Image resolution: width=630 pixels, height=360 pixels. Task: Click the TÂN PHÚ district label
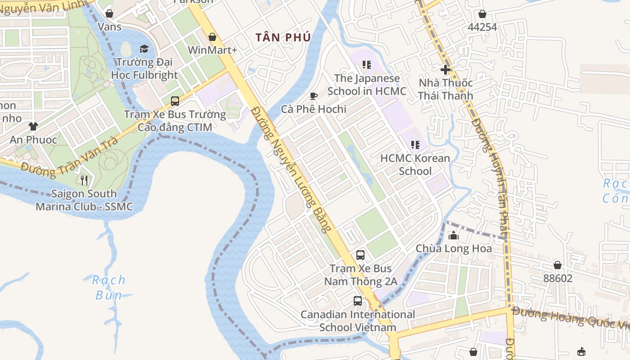[x=283, y=37]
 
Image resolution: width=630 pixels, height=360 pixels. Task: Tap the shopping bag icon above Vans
[x=109, y=14]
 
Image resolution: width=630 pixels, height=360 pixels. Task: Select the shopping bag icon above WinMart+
[x=212, y=37]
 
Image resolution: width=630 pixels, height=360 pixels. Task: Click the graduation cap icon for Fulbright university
[x=144, y=49]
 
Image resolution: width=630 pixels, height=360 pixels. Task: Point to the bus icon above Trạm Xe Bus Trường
[x=175, y=101]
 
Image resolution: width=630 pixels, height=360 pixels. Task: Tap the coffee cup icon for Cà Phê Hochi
[x=314, y=96]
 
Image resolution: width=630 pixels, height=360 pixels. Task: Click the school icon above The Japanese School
[x=367, y=65]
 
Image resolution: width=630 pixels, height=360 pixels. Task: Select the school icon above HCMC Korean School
[x=415, y=145]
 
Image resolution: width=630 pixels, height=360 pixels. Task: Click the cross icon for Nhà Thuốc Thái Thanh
[x=445, y=70]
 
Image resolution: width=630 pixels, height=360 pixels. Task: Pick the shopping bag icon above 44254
[x=482, y=14]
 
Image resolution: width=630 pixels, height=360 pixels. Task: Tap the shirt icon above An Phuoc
[x=33, y=126]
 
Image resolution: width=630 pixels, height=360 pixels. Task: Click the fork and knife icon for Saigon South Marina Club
[x=84, y=180]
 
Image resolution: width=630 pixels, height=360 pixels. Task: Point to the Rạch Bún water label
[x=109, y=288]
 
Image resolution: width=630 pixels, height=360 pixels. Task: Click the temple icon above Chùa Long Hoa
[x=454, y=235]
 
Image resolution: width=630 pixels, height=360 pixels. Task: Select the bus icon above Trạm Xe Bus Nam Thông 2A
[x=360, y=255]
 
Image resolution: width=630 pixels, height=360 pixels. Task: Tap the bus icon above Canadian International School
[x=358, y=301]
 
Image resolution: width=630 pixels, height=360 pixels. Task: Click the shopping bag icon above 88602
[x=558, y=265]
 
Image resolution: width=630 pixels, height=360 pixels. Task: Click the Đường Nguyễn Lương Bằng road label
[x=294, y=169]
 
